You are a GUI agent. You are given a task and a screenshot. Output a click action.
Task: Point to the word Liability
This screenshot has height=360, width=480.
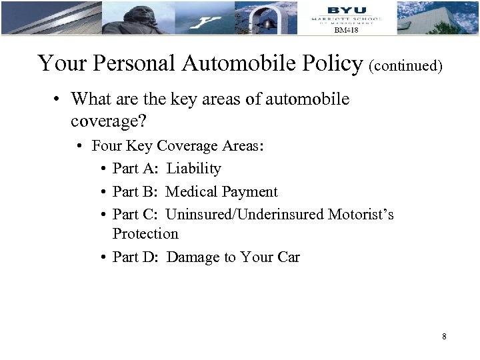point(193,169)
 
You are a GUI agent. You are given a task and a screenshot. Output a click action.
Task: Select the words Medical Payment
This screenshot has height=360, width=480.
point(221,192)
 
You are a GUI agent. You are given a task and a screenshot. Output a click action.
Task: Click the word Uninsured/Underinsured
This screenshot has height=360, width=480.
point(245,215)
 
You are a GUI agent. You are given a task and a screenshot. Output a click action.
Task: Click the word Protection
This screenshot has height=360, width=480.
point(145,234)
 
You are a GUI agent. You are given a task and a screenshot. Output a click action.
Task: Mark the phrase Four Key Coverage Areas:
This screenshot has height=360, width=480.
point(178,145)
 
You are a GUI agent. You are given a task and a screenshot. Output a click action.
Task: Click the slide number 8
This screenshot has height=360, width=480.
point(443,337)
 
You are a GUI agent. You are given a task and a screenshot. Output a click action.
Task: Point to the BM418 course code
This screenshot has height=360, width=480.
point(346,31)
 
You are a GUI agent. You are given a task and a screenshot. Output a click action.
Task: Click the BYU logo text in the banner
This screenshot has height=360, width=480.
point(346,9)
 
